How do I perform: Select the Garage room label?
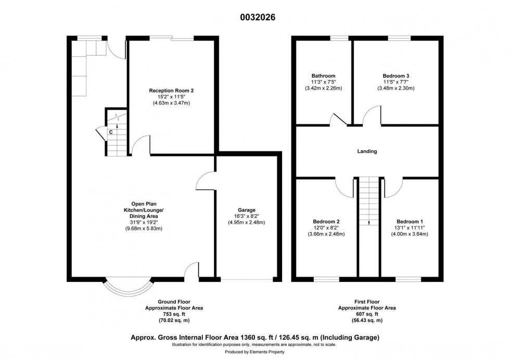[247, 210]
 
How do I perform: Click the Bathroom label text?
[323, 75]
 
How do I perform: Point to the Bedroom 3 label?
[396, 75]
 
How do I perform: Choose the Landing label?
[367, 151]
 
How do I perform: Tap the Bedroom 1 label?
[410, 221]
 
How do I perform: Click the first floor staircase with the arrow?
[368, 203]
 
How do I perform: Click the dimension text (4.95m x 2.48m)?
[247, 223]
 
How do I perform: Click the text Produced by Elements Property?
[254, 353]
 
